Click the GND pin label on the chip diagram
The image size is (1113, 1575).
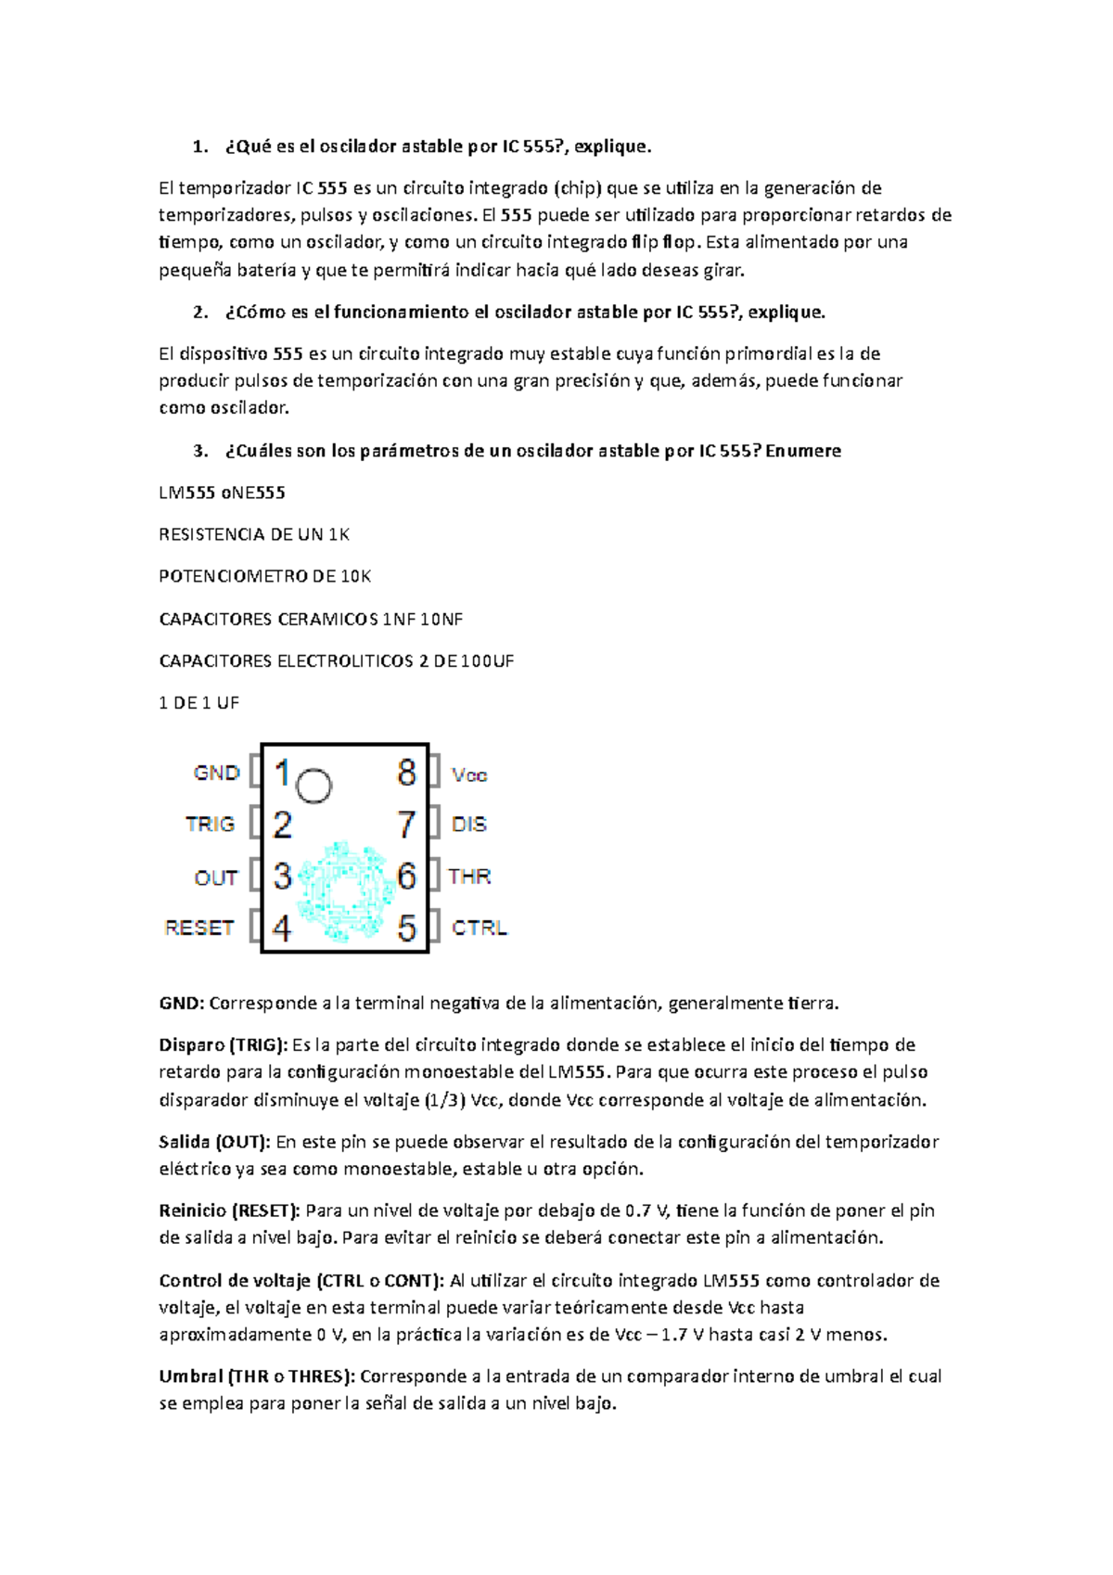216,773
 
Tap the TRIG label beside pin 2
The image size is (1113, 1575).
210,824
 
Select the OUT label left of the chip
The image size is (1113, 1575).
215,877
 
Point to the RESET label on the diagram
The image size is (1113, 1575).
198,928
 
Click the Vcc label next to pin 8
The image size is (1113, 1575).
469,775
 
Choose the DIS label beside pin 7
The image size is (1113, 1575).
468,824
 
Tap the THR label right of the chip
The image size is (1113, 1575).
469,877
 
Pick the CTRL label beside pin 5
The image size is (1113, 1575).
479,928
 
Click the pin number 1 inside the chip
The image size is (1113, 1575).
282,773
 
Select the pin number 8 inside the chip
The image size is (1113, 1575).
406,773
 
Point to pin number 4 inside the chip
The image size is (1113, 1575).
282,928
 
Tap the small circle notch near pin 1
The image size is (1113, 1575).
313,786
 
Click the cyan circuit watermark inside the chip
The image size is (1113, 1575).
343,890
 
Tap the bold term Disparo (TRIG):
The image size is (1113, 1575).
224,1045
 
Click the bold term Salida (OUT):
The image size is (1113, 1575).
214,1142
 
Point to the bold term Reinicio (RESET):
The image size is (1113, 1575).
229,1210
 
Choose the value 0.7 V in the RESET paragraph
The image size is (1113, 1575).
646,1210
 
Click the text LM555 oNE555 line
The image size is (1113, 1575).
222,493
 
